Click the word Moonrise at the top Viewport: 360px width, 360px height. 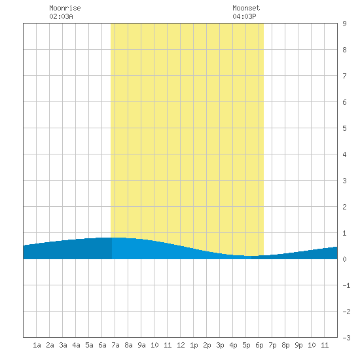(65, 8)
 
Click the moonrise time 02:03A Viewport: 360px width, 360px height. (61, 16)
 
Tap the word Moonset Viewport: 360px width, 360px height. (246, 8)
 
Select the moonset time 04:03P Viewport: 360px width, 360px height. (244, 16)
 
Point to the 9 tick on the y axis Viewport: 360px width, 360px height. (344, 24)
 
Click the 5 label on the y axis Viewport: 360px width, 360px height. (344, 128)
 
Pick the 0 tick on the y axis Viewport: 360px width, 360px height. (344, 259)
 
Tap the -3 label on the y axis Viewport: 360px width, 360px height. (346, 338)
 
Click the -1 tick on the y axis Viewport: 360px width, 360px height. (346, 285)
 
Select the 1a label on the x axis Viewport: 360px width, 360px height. (37, 345)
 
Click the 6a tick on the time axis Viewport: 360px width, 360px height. (102, 345)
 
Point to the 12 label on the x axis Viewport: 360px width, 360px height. (181, 345)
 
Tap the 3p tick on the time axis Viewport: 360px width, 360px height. (220, 345)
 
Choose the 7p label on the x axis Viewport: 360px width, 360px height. (272, 345)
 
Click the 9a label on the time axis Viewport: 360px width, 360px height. (141, 345)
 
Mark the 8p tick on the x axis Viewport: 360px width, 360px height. (285, 345)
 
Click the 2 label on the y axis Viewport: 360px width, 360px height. (344, 207)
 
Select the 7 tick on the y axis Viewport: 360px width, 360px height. (344, 76)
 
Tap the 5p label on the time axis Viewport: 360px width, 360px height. (246, 345)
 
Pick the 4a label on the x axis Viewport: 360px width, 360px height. (76, 345)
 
